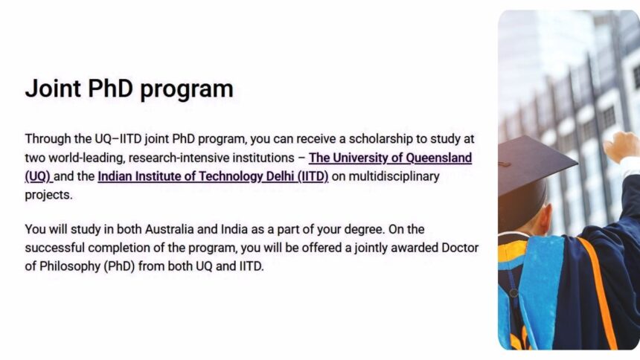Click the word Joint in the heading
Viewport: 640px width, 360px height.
coord(53,89)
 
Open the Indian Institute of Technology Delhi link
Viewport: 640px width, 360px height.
coord(213,176)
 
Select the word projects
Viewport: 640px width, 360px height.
coord(48,195)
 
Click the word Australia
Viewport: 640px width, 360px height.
coord(170,229)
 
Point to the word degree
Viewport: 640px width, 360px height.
coord(365,229)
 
